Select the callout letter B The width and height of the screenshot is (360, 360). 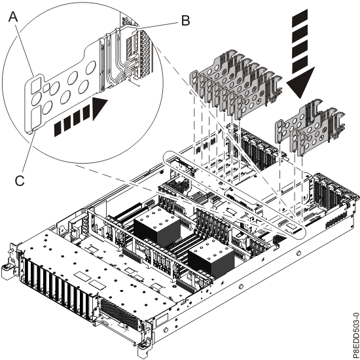click(x=185, y=20)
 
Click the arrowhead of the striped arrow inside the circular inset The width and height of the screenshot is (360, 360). click(x=101, y=107)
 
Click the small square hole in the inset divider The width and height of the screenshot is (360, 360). click(x=34, y=83)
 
